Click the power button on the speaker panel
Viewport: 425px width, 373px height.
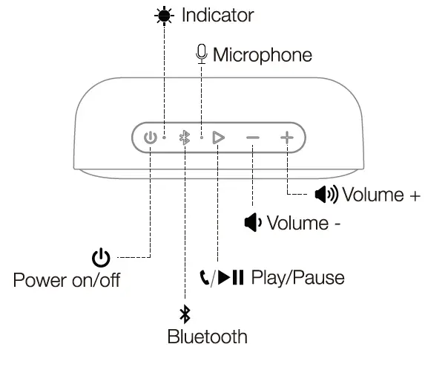(x=150, y=137)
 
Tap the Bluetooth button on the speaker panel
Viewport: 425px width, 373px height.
(x=185, y=137)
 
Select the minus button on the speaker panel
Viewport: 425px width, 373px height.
(x=253, y=137)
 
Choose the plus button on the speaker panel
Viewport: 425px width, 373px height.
(x=287, y=137)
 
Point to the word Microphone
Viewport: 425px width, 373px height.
(x=262, y=55)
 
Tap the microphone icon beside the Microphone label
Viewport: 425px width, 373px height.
(x=201, y=53)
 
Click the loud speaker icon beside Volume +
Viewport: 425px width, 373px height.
(x=326, y=195)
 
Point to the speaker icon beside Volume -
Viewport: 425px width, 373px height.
(x=253, y=223)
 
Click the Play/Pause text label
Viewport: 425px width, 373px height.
(x=298, y=278)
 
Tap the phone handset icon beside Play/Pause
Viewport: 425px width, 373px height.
(x=205, y=278)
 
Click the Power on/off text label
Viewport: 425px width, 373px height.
(x=67, y=280)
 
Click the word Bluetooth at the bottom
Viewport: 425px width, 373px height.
(x=207, y=337)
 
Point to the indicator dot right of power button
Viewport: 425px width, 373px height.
(x=165, y=137)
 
